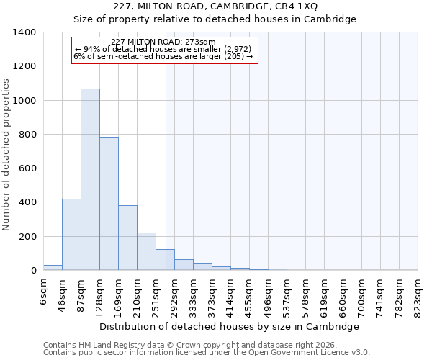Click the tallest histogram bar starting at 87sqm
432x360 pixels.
90,180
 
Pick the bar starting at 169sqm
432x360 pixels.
127,238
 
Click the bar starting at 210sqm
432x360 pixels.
146,251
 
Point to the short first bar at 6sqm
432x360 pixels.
53,268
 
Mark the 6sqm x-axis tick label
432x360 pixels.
43,292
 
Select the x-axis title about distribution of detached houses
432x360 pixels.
229,326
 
